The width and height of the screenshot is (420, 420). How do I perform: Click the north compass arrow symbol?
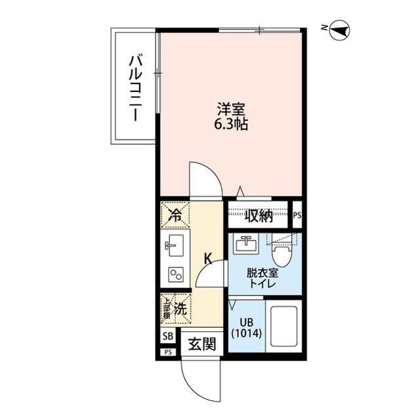pyautogui.click(x=339, y=28)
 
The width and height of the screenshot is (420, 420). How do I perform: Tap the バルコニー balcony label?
pyautogui.click(x=135, y=86)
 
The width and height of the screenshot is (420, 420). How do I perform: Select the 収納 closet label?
pyautogui.click(x=259, y=216)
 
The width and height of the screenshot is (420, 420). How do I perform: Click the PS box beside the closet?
pyautogui.click(x=297, y=215)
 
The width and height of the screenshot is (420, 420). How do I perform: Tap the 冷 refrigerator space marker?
pyautogui.click(x=175, y=214)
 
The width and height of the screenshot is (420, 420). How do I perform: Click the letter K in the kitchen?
pyautogui.click(x=207, y=258)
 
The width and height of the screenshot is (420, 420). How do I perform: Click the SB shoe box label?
pyautogui.click(x=168, y=337)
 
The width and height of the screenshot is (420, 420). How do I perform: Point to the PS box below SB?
pyautogui.click(x=168, y=352)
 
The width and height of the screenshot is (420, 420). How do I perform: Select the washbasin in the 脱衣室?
pyautogui.click(x=247, y=243)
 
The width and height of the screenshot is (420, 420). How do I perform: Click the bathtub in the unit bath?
pyautogui.click(x=282, y=326)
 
